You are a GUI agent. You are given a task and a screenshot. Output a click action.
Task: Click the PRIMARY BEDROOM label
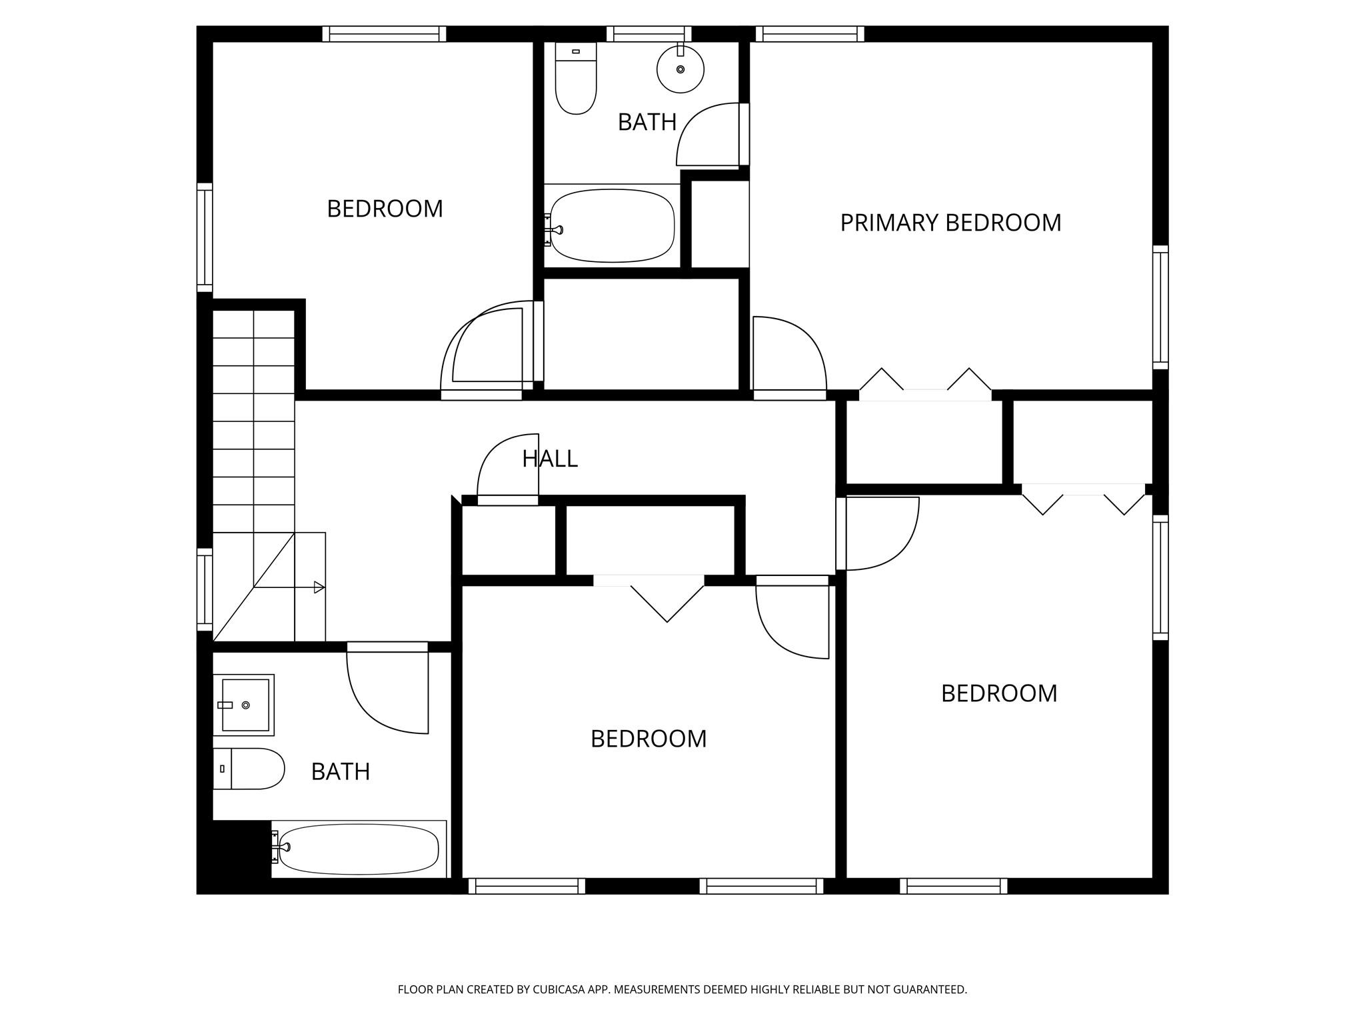click(950, 223)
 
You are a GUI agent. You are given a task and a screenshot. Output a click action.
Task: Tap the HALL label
click(549, 459)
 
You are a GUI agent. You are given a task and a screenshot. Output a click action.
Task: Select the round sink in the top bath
click(680, 69)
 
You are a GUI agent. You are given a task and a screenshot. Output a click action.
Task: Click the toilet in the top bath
click(576, 78)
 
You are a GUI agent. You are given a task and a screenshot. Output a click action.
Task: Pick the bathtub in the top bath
click(612, 226)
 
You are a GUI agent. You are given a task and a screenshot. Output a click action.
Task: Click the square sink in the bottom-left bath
click(245, 705)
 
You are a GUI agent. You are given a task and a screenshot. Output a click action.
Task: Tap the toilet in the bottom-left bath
click(249, 769)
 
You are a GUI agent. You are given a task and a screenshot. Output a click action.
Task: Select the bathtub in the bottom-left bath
click(359, 849)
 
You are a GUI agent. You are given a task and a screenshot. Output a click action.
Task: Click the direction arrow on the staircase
click(319, 587)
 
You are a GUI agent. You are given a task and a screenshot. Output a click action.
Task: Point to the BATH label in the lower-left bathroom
click(340, 771)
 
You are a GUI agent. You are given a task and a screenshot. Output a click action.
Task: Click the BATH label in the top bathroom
click(647, 122)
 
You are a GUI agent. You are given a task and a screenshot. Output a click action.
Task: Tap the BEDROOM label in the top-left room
click(385, 209)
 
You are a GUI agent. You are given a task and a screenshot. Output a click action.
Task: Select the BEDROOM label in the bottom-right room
click(998, 693)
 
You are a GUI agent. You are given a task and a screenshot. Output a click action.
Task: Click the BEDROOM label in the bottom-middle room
click(648, 739)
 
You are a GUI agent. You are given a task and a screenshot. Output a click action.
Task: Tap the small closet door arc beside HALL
click(503, 467)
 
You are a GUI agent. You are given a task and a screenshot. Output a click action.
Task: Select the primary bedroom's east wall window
click(1160, 307)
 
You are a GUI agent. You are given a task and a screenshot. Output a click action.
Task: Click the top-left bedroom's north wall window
click(384, 34)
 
